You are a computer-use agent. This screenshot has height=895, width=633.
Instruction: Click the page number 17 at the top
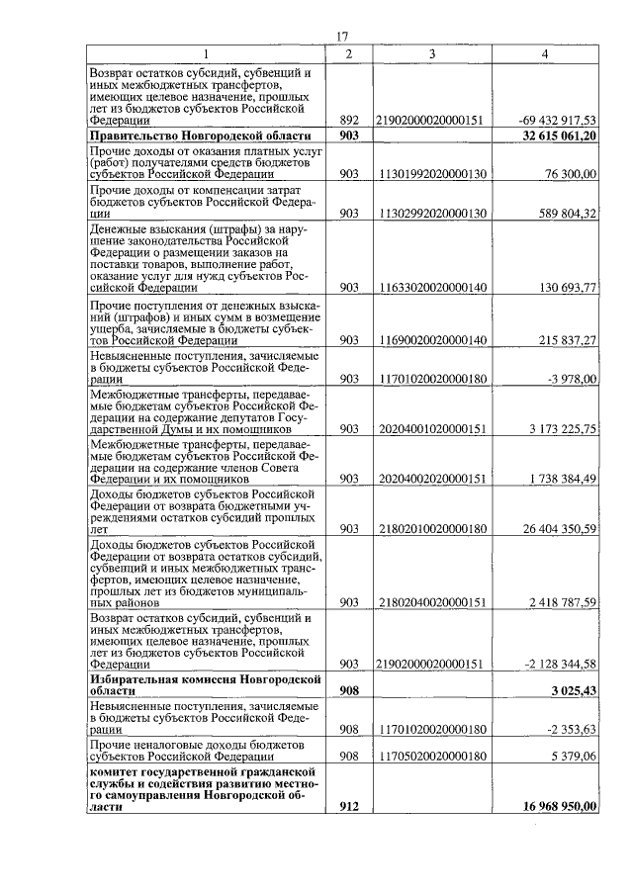coord(342,37)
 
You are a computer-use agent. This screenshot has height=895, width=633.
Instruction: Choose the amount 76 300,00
coord(569,174)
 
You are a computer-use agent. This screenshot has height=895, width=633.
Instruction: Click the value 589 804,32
coord(565,213)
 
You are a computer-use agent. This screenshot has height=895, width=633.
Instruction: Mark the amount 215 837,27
coord(565,339)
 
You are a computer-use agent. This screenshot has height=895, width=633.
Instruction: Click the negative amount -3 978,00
coord(572,378)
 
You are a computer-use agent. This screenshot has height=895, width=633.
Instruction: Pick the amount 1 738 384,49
coord(561,479)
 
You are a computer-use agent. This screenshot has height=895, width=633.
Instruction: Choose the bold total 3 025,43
coord(572,689)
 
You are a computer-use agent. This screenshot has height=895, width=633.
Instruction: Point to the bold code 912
coord(348,806)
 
